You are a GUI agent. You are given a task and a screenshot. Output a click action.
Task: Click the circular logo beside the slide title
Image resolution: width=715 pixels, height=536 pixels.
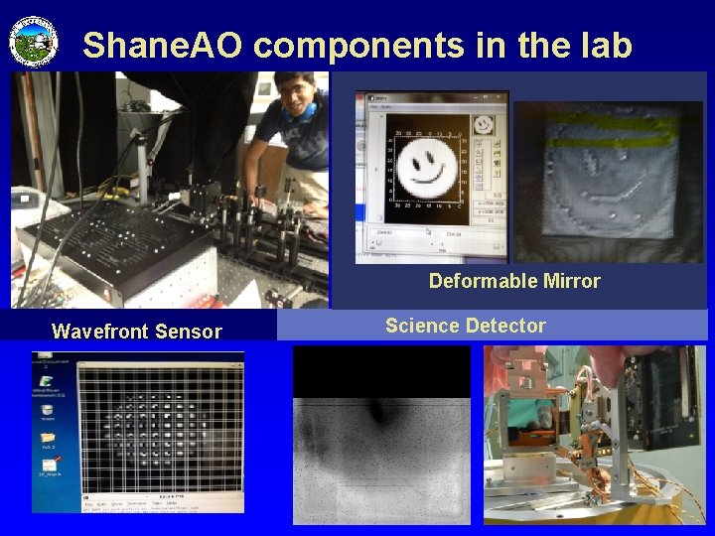34,42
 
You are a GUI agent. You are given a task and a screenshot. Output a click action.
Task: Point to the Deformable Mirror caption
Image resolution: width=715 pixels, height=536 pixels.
514,281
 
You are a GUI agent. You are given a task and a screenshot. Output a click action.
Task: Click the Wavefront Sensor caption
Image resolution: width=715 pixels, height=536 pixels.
137,332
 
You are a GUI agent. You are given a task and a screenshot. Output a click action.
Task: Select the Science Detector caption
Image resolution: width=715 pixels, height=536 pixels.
465,325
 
